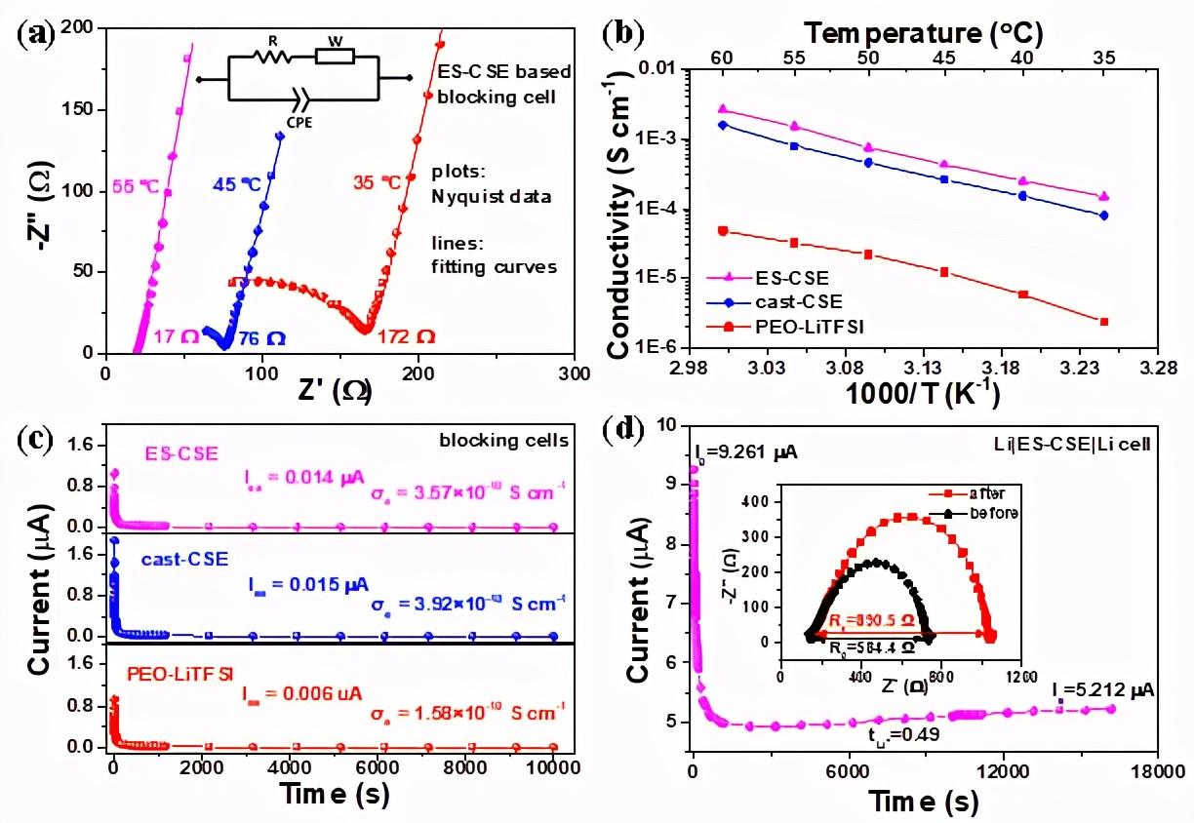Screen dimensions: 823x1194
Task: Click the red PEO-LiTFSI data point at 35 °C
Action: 1103,322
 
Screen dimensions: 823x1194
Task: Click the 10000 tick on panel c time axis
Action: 554,767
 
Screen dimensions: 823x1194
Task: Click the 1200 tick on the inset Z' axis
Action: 1021,676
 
